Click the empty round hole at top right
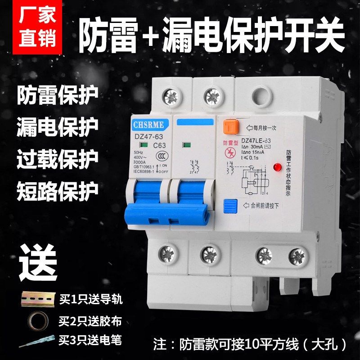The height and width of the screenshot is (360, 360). (x=261, y=96)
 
